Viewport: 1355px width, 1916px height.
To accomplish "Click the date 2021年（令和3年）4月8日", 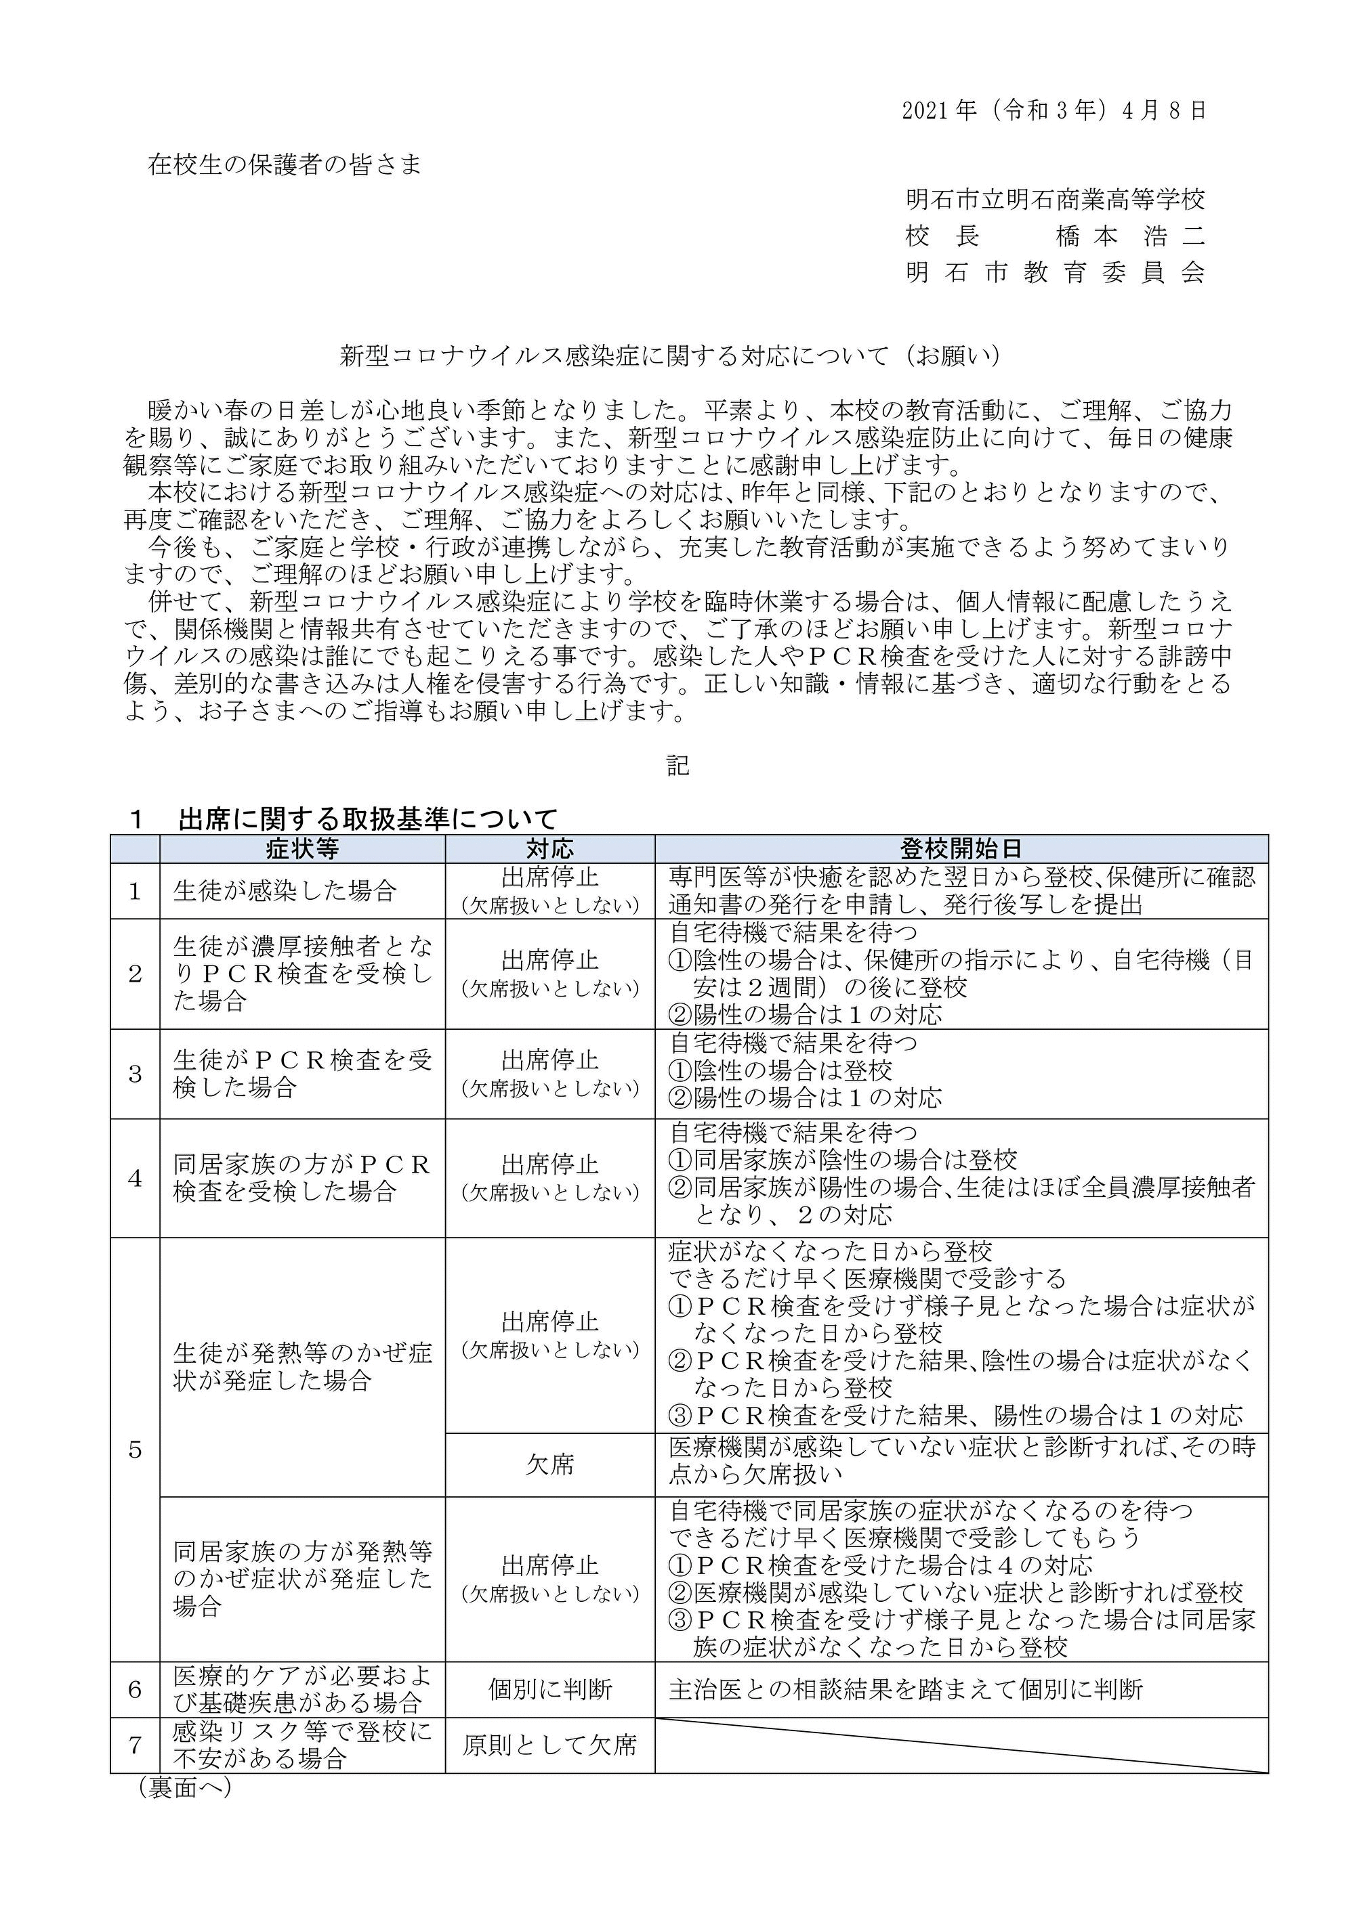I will [1054, 112].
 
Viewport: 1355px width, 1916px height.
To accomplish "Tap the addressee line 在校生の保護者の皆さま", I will [285, 165].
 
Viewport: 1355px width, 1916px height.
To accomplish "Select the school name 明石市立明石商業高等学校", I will [1056, 200].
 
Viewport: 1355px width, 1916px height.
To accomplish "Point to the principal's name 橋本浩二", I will [1131, 237].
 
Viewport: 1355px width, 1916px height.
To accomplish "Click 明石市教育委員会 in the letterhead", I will [1056, 273].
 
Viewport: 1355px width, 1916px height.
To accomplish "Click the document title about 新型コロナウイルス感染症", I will [669, 356].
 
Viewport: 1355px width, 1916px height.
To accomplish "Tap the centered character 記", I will [677, 765].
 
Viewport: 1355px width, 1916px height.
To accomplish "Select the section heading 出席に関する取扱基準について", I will [367, 819].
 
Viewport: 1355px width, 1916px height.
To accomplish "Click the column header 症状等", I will [302, 850].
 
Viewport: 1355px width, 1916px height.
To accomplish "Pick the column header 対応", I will [550, 850].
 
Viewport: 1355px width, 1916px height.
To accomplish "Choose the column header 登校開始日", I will [961, 850].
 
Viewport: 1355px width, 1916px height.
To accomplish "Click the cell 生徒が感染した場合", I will [284, 891].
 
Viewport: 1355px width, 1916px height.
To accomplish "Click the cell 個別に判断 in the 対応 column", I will [550, 1691].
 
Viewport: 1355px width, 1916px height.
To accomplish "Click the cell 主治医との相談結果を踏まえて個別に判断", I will [906, 1691].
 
